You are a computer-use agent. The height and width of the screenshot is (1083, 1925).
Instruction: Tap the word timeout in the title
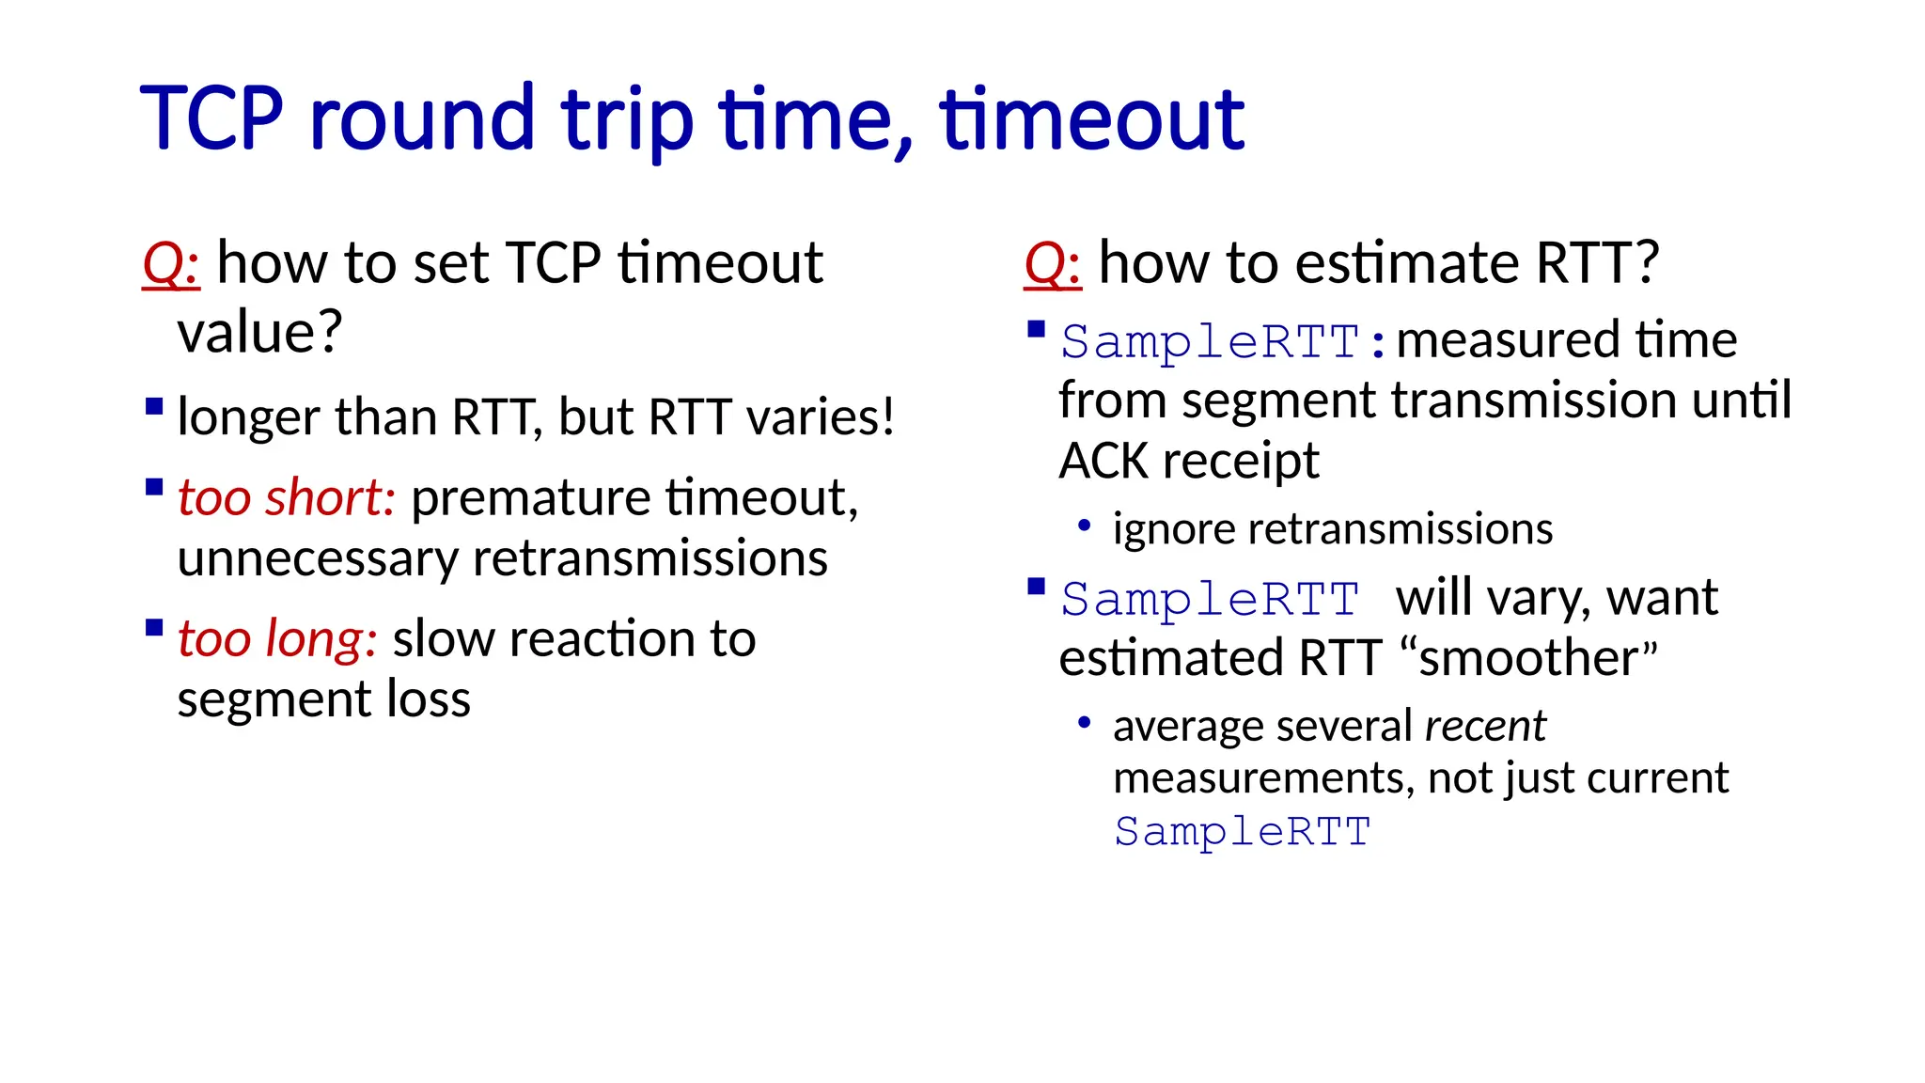(x=1091, y=119)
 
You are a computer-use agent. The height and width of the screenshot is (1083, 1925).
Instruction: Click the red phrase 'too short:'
(x=287, y=497)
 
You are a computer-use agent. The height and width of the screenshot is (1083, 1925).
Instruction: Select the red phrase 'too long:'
(x=277, y=639)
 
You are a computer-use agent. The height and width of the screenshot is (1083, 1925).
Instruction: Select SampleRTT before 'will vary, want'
(x=1210, y=600)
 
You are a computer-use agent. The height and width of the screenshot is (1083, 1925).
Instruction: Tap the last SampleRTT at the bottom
(x=1242, y=832)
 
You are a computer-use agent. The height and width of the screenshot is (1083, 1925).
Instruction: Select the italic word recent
(x=1484, y=726)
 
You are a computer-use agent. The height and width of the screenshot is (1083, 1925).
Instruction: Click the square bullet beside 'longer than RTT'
(x=155, y=406)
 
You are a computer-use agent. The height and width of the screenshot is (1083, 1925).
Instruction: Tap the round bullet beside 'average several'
(x=1084, y=723)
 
